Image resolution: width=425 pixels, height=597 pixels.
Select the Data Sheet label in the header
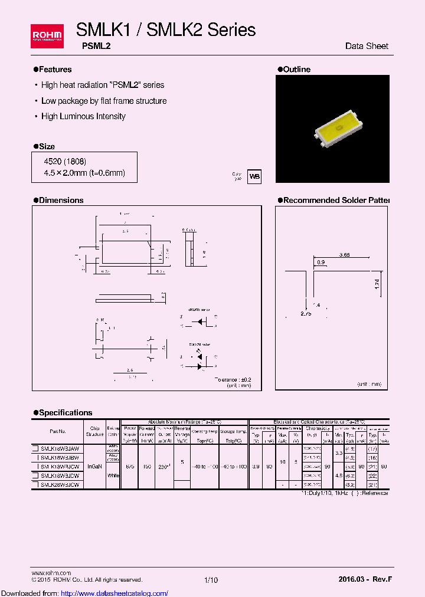pyautogui.click(x=367, y=46)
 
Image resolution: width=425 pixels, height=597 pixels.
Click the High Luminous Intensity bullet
pyautogui.click(x=83, y=116)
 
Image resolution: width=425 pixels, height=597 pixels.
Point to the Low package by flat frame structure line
pyautogui.click(x=103, y=101)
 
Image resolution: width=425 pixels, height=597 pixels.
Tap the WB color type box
pyautogui.click(x=254, y=176)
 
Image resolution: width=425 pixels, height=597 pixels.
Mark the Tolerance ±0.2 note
pyautogui.click(x=233, y=379)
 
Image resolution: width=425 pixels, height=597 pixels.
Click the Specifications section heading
pyautogui.click(x=66, y=412)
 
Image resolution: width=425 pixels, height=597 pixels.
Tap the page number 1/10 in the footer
pyautogui.click(x=211, y=580)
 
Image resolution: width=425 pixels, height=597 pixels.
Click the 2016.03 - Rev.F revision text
pyautogui.click(x=365, y=580)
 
